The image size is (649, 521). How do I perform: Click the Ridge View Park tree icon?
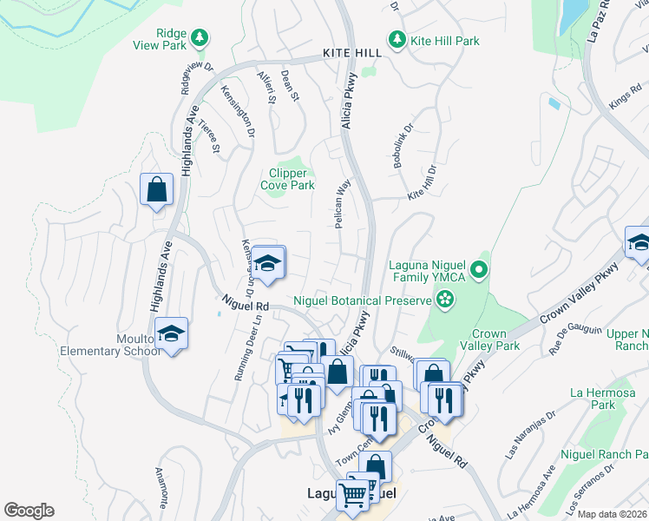pyautogui.click(x=200, y=37)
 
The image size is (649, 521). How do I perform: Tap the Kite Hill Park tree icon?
pyautogui.click(x=397, y=40)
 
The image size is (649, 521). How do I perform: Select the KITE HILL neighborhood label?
pyautogui.click(x=352, y=53)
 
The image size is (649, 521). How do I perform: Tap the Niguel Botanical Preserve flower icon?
pyautogui.click(x=445, y=300)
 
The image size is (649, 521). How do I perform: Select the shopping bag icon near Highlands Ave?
pyautogui.click(x=157, y=189)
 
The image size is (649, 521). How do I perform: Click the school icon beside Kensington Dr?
pyautogui.click(x=269, y=264)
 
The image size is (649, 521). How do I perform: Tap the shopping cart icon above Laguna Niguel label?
pyautogui.click(x=354, y=495)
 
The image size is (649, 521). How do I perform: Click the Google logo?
pyautogui.click(x=29, y=511)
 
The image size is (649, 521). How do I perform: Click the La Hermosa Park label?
pyautogui.click(x=593, y=399)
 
